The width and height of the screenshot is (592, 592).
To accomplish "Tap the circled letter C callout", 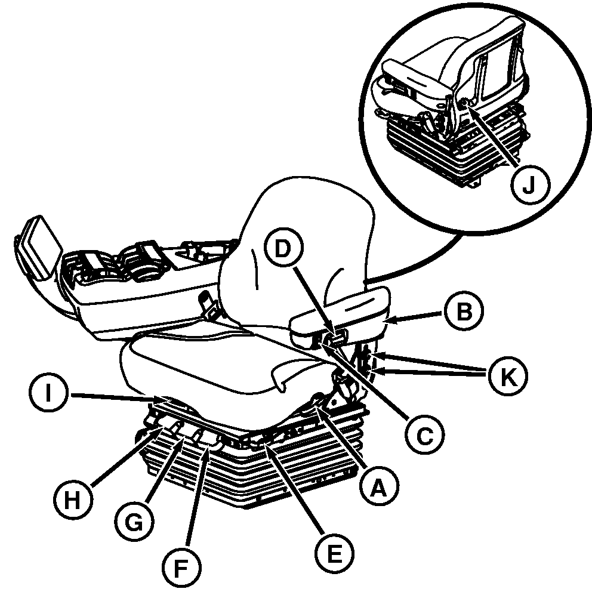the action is [x=424, y=435].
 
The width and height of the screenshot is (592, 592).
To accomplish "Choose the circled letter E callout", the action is [x=334, y=553].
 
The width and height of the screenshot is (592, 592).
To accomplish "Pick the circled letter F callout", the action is [x=181, y=568].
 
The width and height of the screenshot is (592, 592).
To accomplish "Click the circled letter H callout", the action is [x=72, y=500].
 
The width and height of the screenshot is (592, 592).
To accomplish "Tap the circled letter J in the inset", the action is [x=530, y=184].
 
